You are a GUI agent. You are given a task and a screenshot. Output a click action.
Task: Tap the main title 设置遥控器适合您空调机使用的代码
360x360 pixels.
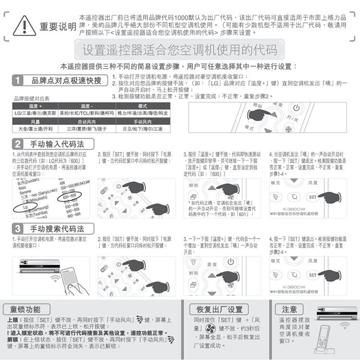180,50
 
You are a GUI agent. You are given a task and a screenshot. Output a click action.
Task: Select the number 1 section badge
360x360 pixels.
18,80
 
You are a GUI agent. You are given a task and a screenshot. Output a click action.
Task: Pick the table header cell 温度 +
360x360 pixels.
36,106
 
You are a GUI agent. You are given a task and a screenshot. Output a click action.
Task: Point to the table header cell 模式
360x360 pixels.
143,106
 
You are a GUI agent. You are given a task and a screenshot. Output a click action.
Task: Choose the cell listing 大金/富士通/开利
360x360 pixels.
36,129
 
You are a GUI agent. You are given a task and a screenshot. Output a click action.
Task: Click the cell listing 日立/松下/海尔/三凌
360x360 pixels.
143,129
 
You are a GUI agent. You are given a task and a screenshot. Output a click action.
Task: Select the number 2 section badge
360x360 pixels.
18,144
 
